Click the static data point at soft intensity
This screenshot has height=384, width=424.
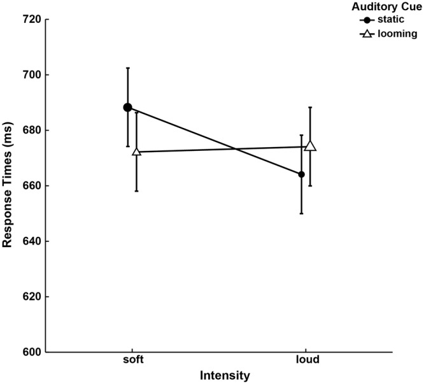point(128,108)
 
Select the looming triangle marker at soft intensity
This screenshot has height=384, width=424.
point(136,152)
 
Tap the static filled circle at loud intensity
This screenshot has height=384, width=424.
point(301,174)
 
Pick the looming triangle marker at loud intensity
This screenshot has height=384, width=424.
point(310,146)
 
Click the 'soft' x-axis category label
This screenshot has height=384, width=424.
point(132,360)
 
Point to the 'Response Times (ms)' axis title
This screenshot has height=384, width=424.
point(8,186)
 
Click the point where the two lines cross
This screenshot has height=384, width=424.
point(237,148)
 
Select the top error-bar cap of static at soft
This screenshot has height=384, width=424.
point(128,68)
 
